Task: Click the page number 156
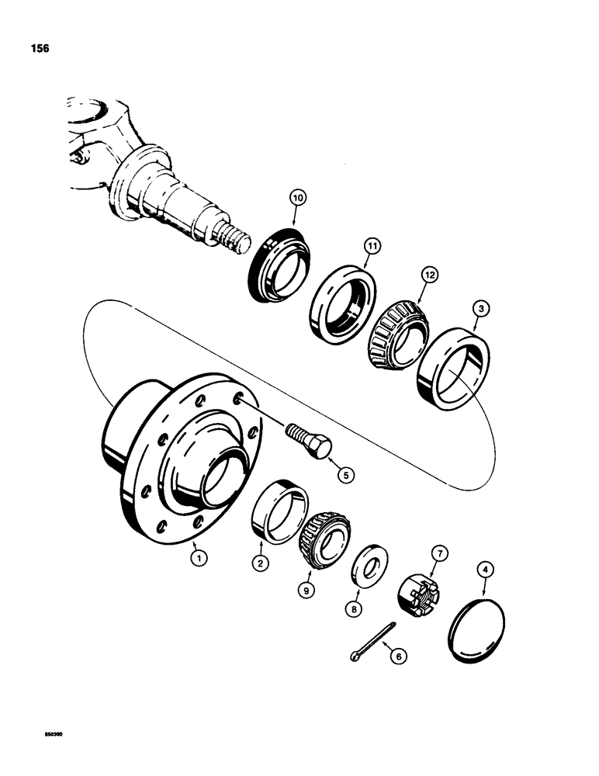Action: coord(38,48)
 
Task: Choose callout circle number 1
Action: coord(199,556)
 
